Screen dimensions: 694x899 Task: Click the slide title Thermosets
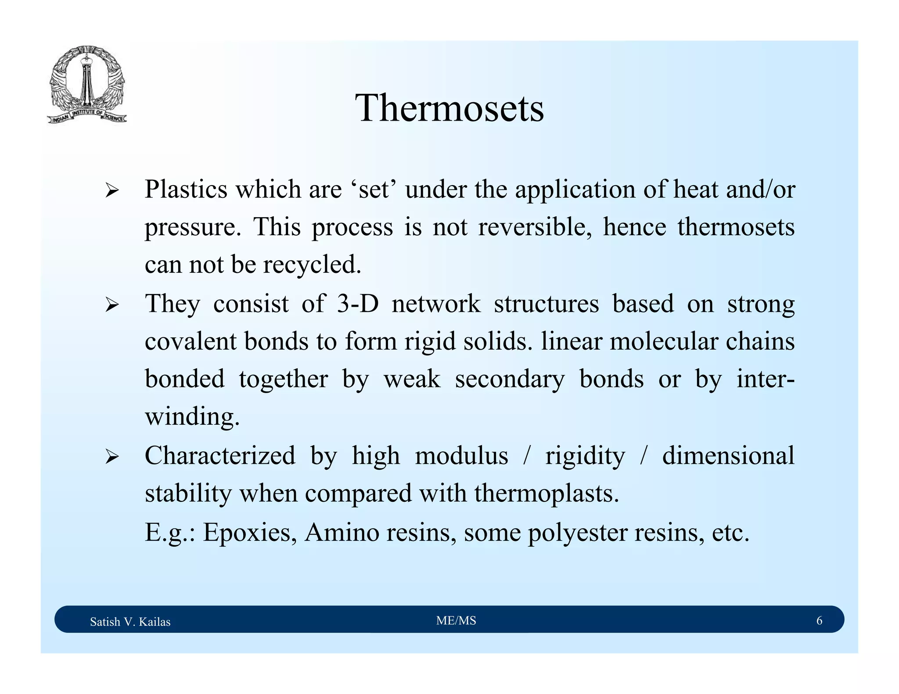[x=449, y=108]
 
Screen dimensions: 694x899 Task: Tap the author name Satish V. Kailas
[x=130, y=622]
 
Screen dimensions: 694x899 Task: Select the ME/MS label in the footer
[x=456, y=620]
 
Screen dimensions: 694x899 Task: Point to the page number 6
[x=819, y=620]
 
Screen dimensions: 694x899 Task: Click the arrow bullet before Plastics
[x=112, y=191]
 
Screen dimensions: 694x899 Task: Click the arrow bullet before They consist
[x=112, y=305]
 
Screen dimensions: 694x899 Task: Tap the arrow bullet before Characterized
[x=112, y=457]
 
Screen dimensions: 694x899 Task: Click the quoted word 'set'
[x=374, y=190]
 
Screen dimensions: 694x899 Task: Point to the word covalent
[x=191, y=341]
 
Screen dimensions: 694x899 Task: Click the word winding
[x=192, y=417]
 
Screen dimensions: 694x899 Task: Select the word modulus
[x=461, y=455]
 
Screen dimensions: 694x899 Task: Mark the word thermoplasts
[x=547, y=494]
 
